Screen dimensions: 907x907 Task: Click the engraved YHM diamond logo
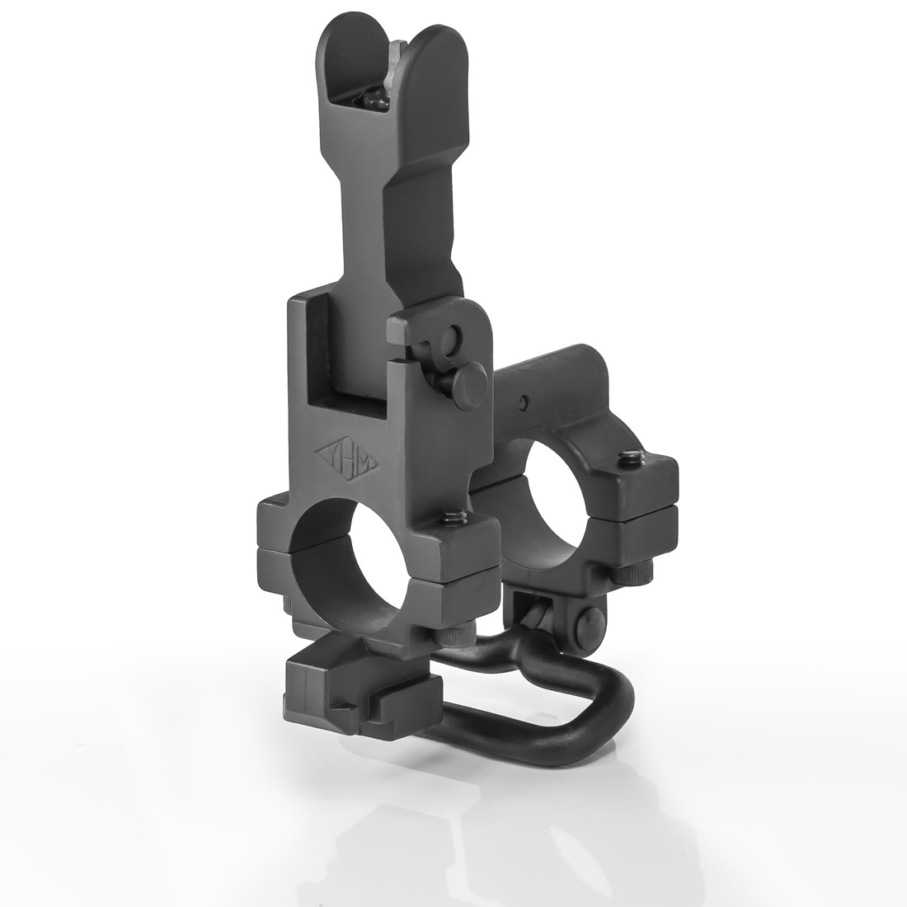coord(346,454)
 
